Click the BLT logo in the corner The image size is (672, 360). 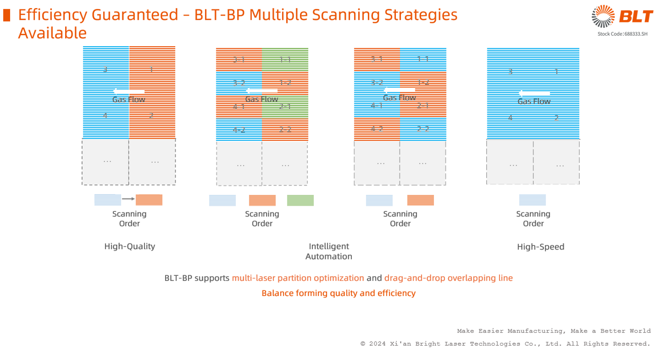pos(622,17)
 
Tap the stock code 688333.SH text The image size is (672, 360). pos(622,34)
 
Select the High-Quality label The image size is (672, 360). pos(130,246)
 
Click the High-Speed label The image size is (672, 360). pos(540,247)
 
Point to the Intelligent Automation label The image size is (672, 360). pos(329,251)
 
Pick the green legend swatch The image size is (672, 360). pos(300,200)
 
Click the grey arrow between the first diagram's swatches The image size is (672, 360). pos(128,199)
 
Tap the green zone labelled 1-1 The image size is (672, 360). pos(285,60)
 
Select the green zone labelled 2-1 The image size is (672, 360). pos(285,107)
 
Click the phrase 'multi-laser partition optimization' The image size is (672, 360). pos(298,278)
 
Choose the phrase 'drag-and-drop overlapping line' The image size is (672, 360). pos(448,278)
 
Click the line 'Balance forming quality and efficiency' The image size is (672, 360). pos(338,293)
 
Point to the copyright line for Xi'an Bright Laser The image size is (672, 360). pos(505,344)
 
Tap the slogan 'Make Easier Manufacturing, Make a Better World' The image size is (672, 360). pos(554,331)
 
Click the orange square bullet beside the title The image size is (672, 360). pos(6,15)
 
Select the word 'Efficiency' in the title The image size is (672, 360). pos(53,15)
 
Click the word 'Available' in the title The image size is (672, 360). pos(53,33)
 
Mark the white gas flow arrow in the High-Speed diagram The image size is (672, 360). pos(534,94)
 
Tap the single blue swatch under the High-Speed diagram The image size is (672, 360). pos(532,200)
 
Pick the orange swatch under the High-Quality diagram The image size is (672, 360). pos(149,200)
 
